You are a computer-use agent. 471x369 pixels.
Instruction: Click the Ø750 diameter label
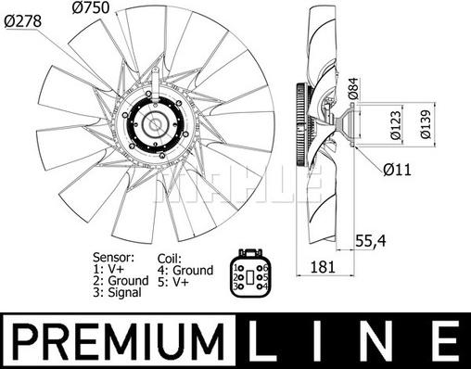91,7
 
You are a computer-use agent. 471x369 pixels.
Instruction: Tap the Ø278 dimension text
23,21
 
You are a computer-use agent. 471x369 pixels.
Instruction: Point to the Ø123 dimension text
396,125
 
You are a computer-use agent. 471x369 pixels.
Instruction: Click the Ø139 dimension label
426,124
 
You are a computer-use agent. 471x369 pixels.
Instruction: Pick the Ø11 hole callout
397,170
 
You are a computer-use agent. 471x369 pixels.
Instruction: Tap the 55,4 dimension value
371,241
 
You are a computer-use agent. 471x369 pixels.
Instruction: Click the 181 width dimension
323,267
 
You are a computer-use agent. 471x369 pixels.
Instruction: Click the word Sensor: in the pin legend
113,257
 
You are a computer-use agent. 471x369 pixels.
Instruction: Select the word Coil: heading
170,259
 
